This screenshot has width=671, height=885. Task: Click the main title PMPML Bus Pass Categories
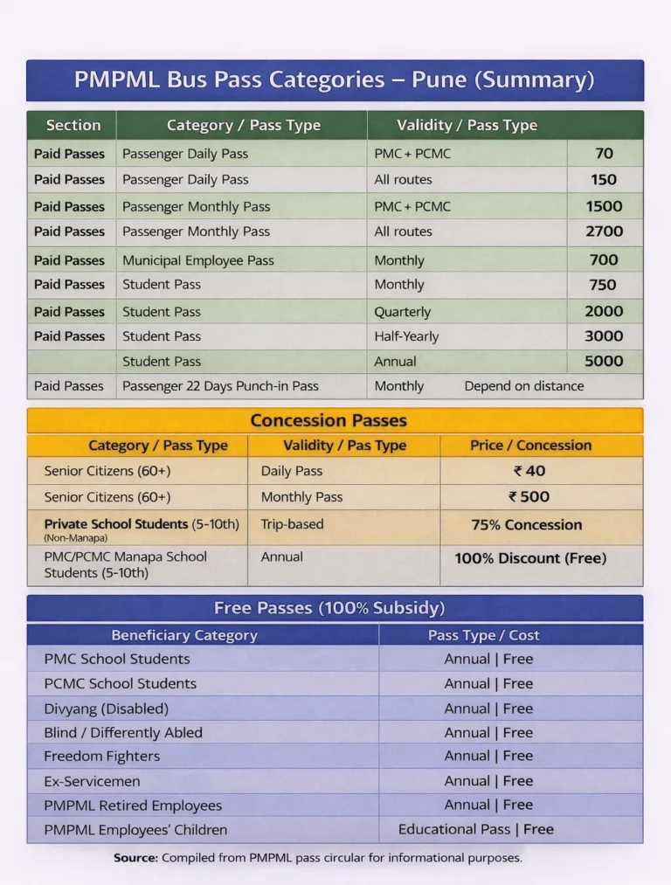click(335, 80)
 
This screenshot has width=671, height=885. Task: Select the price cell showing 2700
click(604, 232)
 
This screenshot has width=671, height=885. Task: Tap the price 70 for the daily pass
click(604, 154)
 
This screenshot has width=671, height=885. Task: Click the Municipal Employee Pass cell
click(198, 260)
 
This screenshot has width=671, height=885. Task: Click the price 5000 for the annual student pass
click(604, 361)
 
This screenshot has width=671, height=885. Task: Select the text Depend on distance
click(524, 386)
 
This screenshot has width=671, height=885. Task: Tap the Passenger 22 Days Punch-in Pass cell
click(220, 386)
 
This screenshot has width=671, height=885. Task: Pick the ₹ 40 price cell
click(529, 471)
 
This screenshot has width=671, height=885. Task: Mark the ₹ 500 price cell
click(529, 497)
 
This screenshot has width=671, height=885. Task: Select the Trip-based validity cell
click(292, 525)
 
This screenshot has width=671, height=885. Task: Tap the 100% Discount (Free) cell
click(530, 558)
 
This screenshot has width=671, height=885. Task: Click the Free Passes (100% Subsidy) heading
click(329, 608)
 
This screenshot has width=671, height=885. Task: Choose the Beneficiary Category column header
click(184, 635)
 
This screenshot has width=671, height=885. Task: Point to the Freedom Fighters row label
click(102, 757)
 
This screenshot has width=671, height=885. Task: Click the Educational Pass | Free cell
click(476, 830)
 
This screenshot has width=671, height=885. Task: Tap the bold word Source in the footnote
click(135, 858)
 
